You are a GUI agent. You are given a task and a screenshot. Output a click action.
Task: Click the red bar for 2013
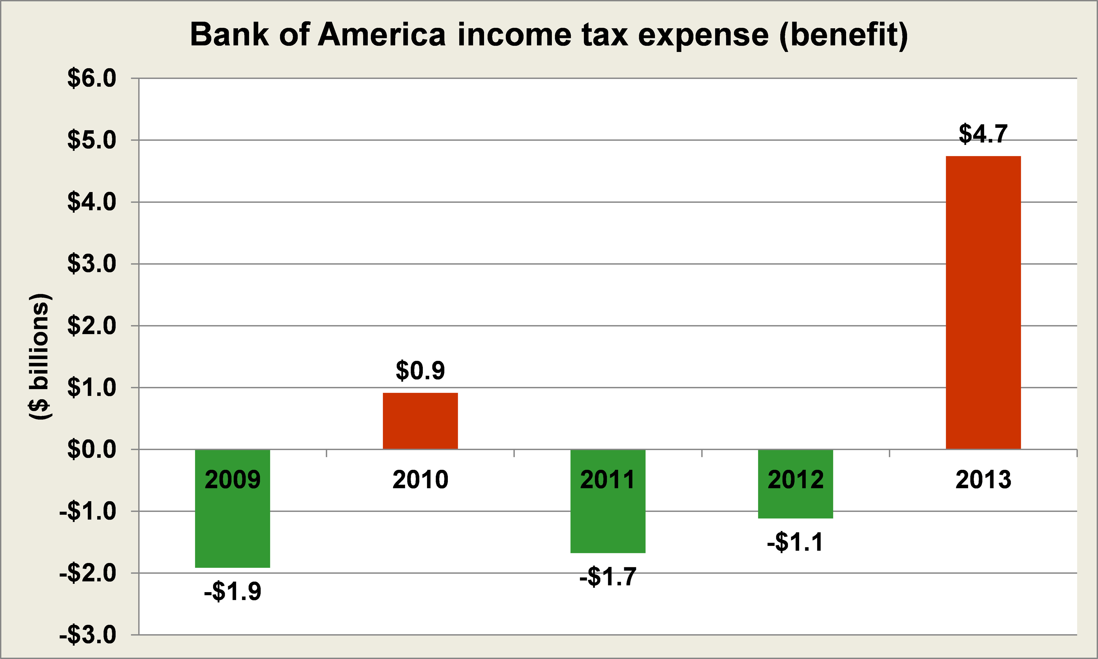983,302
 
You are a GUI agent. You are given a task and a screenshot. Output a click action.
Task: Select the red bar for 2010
420,421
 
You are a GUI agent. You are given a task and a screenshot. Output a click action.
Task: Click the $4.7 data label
983,134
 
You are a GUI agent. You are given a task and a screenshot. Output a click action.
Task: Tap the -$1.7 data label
608,577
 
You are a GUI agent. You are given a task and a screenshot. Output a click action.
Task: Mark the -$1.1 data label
795,542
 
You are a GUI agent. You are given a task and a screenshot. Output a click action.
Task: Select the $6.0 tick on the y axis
91,79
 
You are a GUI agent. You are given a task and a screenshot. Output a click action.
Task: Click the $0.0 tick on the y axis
91,450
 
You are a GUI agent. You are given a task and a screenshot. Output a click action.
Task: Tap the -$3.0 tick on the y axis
88,635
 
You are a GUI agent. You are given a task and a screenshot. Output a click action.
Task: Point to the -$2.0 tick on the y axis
88,573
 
